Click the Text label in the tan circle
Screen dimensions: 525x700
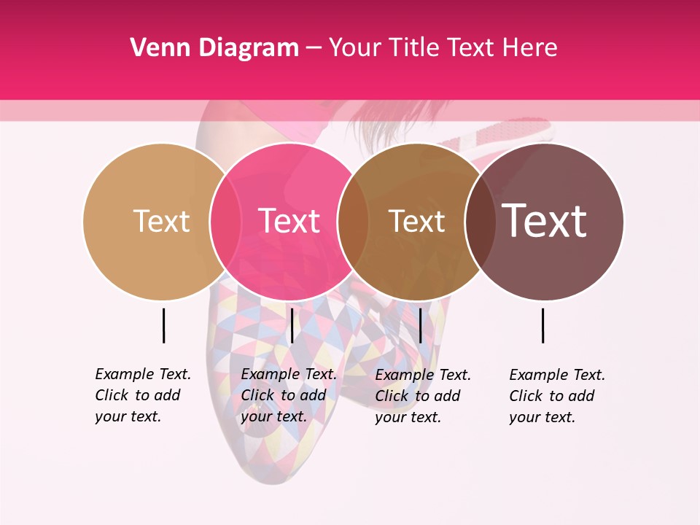(x=161, y=221)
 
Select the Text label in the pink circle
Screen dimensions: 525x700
(x=289, y=221)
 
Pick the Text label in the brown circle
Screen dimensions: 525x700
(x=416, y=221)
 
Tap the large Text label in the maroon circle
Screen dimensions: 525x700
(x=545, y=221)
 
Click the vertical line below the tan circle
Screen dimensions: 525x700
(x=163, y=325)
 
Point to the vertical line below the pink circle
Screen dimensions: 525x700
(x=292, y=325)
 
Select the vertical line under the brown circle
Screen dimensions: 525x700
(x=420, y=325)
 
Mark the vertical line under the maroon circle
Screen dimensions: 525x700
(x=542, y=325)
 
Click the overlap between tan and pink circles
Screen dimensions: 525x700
(x=225, y=221)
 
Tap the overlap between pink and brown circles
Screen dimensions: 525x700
(x=353, y=221)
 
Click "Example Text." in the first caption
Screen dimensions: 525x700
(x=143, y=374)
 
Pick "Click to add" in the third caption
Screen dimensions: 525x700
(x=418, y=396)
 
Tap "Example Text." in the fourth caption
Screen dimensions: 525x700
(x=557, y=375)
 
